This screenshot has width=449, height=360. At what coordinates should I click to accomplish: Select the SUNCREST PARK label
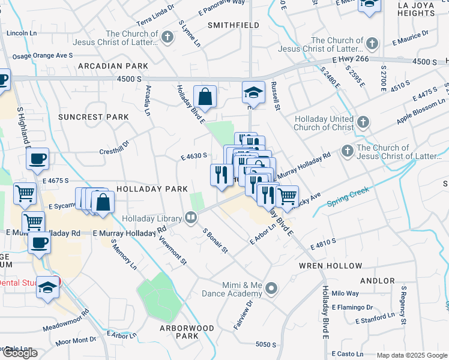click(94, 116)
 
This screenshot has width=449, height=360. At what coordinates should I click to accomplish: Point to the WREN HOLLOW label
click(331, 265)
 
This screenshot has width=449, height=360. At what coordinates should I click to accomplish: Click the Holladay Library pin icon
click(191, 217)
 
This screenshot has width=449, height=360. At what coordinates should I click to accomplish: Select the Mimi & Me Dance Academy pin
click(272, 289)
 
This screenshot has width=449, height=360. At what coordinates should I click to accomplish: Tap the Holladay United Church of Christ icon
click(362, 122)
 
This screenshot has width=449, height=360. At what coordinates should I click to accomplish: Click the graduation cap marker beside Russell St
click(254, 93)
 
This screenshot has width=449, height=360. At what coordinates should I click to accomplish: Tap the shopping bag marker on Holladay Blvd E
click(205, 97)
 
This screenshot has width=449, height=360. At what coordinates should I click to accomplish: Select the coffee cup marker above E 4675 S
click(38, 160)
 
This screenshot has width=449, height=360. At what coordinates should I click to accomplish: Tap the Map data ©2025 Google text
click(412, 355)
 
